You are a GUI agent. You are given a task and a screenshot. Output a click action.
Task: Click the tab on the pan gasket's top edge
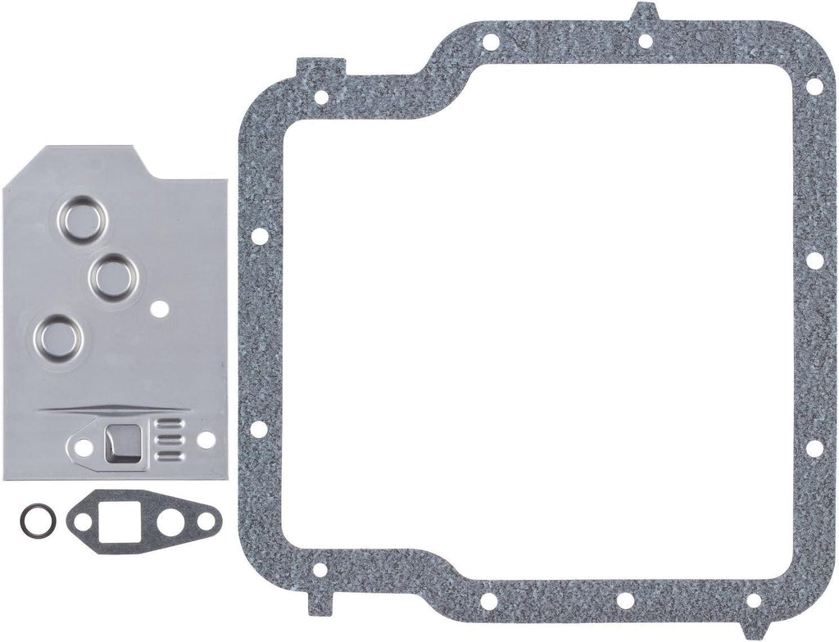pos(644,13)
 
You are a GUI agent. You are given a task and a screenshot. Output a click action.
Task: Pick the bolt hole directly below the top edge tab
pos(644,41)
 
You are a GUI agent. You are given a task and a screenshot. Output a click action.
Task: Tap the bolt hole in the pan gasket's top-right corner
pos(813,85)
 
